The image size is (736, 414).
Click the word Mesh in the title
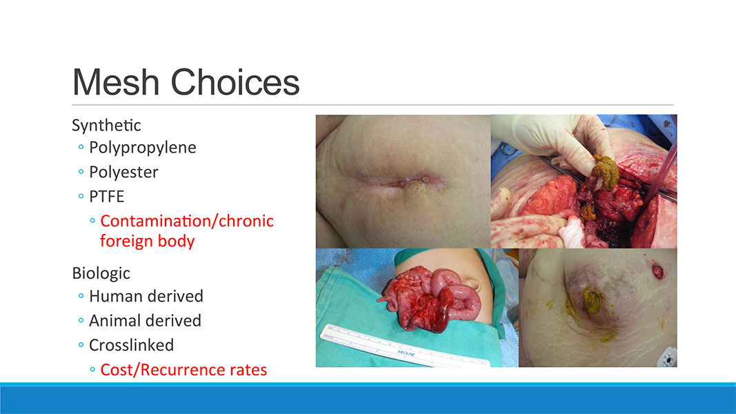117,82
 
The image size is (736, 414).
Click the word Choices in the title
235,82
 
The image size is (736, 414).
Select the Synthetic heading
106,126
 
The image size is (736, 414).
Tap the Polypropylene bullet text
143,148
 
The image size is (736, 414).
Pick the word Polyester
123,172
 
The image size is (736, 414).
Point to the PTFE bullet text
106,196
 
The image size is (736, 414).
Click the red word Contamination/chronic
187,221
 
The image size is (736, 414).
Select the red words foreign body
148,241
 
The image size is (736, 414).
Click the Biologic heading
101,273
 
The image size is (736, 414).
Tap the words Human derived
146,296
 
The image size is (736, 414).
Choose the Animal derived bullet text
145,321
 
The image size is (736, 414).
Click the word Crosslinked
132,345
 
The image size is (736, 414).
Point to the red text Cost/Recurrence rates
183,370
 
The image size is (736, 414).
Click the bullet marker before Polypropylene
81,148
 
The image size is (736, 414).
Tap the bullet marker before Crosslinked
81,345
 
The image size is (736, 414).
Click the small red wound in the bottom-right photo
657,270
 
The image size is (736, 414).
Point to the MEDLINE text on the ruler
406,353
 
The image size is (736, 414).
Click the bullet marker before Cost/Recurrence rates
92,370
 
